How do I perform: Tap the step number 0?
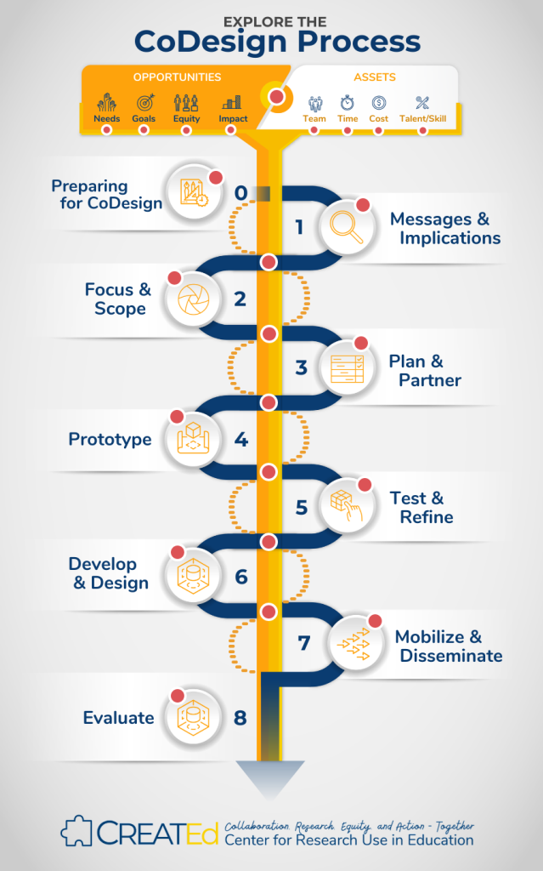point(240,194)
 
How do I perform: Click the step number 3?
point(301,368)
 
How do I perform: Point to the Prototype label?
point(110,440)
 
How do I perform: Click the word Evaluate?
point(118,718)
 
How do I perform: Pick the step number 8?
point(240,718)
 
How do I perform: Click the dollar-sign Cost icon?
point(379,103)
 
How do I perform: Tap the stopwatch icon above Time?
point(348,103)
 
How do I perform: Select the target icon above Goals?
point(144,102)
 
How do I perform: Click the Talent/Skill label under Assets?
point(422,119)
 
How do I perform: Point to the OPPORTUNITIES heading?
point(177,77)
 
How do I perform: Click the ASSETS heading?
point(375,77)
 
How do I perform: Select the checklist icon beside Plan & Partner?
point(347,368)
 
